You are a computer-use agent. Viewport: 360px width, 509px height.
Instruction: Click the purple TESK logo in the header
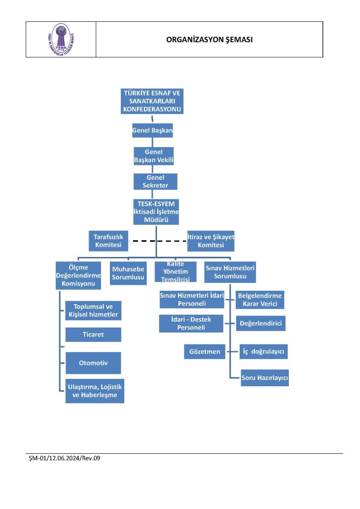[61, 39]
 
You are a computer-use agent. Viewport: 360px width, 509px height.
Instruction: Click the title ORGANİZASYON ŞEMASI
[209, 40]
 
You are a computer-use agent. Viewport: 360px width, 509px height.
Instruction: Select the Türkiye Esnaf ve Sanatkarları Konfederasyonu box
[152, 101]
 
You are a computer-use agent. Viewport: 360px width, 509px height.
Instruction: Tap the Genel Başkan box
[152, 130]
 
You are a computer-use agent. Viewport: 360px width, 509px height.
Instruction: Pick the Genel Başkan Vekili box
[154, 156]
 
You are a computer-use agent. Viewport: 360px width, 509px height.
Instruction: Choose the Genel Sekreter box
[155, 181]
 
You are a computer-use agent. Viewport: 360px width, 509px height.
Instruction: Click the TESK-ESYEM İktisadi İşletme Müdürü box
[156, 212]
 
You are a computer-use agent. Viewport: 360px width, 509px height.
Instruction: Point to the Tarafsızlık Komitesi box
[108, 241]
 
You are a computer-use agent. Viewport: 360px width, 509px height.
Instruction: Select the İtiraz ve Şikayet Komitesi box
[211, 241]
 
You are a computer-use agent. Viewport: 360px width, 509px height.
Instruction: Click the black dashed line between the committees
[158, 241]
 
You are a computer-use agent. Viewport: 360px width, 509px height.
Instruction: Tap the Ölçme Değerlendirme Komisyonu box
[78, 275]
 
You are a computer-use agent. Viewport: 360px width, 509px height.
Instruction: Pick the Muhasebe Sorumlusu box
[128, 273]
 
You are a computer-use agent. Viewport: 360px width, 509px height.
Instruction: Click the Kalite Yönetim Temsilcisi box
[176, 272]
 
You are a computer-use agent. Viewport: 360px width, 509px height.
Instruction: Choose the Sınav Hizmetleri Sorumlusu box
[230, 272]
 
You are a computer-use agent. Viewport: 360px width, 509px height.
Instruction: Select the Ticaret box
[93, 335]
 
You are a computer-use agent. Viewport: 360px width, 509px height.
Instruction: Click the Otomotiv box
[93, 363]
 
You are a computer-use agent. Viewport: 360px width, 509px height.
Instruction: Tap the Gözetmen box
[204, 351]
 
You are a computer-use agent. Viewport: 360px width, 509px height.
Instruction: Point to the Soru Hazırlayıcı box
[265, 378]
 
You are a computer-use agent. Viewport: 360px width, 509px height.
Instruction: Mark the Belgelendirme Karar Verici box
[260, 300]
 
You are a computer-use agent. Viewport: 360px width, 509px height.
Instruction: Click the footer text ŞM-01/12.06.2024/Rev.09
[65, 458]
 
